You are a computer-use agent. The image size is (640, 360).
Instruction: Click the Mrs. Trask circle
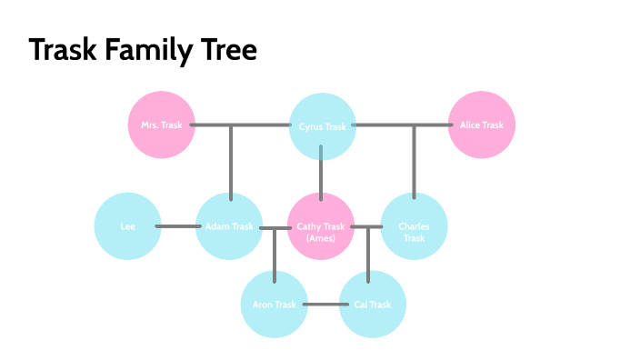162,125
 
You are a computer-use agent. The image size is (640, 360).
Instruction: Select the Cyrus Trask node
322,125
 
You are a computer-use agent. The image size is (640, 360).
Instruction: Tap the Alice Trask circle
482,125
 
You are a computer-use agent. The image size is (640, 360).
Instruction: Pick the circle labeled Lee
128,226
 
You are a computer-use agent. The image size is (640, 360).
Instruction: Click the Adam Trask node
229,226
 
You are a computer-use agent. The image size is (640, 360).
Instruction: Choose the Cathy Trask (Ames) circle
322,226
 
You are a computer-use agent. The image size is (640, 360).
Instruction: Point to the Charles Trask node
414,226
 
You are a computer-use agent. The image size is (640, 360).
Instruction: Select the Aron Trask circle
275,305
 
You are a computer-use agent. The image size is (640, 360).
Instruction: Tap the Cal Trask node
372,305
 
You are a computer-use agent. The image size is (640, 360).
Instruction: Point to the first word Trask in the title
60,50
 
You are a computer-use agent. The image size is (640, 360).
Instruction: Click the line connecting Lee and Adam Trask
178,226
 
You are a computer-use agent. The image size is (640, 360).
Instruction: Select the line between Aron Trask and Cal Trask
323,305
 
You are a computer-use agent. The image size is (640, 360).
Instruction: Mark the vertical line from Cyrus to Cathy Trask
322,175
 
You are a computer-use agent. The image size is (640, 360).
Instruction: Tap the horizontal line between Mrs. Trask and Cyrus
241,125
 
